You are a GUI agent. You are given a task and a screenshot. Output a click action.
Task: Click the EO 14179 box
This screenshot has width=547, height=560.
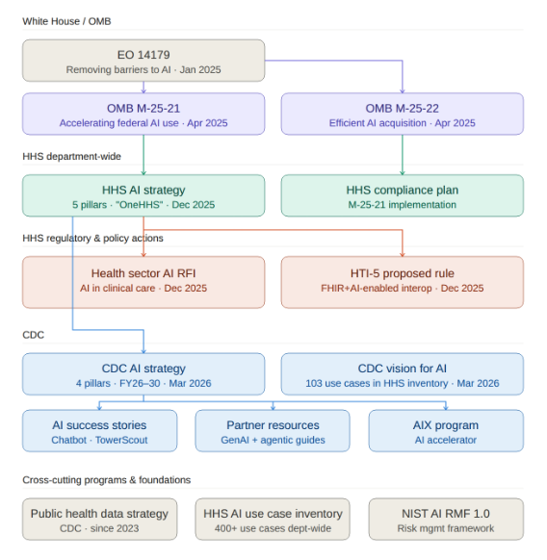point(143,61)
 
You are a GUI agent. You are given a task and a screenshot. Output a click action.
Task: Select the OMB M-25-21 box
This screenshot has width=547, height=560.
point(143,114)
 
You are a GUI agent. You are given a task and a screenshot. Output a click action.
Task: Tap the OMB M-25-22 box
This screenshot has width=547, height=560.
point(402,114)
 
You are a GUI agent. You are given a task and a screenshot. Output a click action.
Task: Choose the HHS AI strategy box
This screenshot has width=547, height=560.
point(143,195)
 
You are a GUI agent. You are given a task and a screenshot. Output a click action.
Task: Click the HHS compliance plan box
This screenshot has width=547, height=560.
point(402,195)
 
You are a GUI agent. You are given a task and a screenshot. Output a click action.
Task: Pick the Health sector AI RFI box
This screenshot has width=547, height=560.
point(143,281)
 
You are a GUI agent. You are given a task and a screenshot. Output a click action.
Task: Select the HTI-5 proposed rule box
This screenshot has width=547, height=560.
point(402,281)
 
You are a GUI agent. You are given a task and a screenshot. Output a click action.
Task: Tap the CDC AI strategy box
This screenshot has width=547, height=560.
point(143,374)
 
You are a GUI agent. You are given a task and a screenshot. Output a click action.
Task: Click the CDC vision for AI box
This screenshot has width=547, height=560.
point(402,374)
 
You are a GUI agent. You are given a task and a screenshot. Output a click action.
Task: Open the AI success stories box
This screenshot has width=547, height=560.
point(99,431)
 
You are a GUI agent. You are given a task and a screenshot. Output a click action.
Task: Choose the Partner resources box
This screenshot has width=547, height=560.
point(273,431)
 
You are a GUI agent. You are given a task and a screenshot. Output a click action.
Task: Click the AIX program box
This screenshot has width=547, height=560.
point(446,431)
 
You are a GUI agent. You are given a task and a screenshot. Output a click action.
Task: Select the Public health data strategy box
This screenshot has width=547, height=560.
point(99,520)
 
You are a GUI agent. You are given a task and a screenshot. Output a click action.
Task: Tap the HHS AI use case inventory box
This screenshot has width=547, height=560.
point(273,520)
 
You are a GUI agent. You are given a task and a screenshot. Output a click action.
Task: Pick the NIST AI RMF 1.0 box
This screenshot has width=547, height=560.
point(446,520)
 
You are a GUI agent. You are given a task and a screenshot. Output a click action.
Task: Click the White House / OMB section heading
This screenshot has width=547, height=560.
point(66,21)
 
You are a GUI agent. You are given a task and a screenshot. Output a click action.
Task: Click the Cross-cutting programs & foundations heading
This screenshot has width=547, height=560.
point(106,479)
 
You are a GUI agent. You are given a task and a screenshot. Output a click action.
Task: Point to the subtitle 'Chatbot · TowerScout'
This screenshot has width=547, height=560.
point(99,440)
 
